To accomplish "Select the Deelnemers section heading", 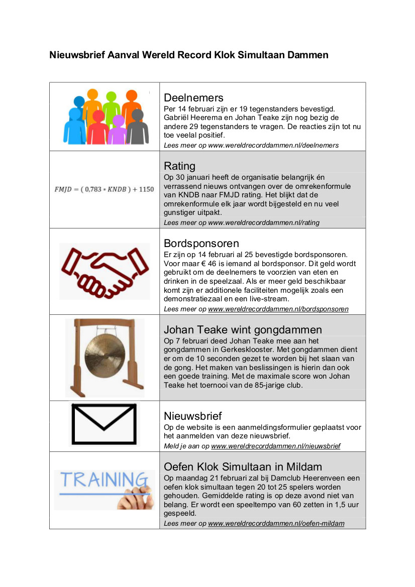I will point(193,97).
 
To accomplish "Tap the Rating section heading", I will point(179,166).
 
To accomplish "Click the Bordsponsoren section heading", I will point(201,244).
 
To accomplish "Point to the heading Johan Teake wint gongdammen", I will point(243,329).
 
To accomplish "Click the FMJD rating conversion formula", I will point(104,189).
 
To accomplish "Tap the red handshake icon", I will point(105,271).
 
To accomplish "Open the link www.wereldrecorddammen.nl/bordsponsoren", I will point(278,309).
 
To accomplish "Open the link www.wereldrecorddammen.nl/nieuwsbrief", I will point(275,446).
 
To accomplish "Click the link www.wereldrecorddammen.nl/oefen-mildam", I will point(276,523).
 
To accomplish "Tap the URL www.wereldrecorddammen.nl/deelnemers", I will point(273,145).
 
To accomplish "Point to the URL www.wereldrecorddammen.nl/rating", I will point(264,222).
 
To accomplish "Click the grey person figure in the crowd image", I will point(137,128).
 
